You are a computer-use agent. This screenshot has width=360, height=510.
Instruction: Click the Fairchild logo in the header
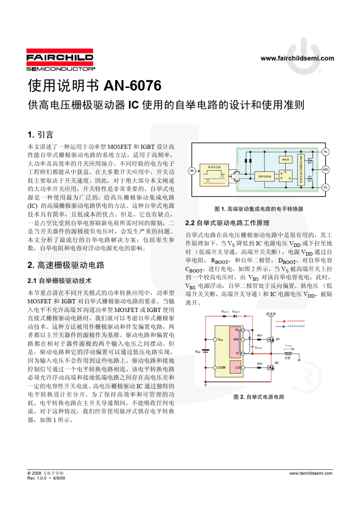click(60, 60)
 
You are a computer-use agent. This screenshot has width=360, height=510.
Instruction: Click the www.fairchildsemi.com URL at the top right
click(297, 58)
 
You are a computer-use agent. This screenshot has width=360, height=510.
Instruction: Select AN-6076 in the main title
click(132, 86)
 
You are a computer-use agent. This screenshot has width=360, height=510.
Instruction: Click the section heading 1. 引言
click(41, 135)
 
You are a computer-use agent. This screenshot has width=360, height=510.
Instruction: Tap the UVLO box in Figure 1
click(285, 160)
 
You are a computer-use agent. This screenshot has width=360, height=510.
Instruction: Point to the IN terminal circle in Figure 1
click(192, 171)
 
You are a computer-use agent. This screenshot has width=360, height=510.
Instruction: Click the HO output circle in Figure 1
click(325, 169)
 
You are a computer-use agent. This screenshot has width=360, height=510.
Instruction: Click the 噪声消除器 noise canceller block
click(265, 176)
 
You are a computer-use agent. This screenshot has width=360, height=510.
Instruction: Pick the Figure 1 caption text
click(259, 209)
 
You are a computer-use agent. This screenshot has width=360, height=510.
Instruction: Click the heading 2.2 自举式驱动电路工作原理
click(227, 223)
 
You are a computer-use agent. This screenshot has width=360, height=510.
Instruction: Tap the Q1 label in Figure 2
click(278, 339)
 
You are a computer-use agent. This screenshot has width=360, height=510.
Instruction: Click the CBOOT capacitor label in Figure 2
click(259, 347)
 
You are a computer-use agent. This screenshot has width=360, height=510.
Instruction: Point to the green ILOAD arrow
click(289, 348)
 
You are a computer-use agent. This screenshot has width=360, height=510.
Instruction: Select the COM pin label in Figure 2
click(222, 367)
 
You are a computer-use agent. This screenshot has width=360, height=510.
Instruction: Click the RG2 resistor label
click(260, 364)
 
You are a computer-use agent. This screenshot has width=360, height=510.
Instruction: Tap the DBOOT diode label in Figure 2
click(236, 312)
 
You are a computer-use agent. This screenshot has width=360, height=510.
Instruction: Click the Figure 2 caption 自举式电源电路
click(259, 397)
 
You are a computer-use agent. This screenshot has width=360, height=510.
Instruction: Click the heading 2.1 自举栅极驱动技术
click(59, 281)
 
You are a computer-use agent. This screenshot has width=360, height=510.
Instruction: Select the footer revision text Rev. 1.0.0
click(37, 478)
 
